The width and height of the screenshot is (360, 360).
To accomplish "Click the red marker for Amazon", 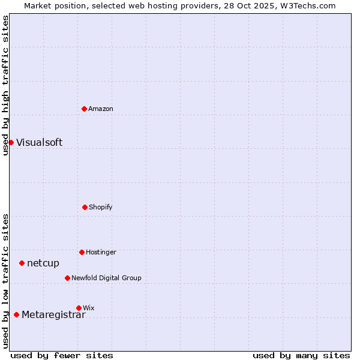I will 85,109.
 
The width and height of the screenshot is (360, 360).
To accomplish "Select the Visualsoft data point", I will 11,142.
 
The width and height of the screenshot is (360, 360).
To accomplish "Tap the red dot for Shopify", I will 85,207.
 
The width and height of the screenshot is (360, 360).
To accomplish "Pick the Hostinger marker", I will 82,252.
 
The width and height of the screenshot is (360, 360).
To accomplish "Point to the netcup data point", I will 22,263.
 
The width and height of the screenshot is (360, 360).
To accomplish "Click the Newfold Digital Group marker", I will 67,278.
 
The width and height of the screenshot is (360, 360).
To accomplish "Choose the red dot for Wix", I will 79,308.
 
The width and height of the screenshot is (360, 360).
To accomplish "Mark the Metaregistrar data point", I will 16,315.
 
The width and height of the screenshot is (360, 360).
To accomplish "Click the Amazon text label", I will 101,109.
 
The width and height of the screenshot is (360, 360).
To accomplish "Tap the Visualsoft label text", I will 39,142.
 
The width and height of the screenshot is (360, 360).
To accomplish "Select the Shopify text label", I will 101,207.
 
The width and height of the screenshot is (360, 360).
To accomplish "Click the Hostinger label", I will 101,252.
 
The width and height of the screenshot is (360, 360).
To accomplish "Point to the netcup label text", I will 43,263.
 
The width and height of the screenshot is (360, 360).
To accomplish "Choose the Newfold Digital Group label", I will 106,278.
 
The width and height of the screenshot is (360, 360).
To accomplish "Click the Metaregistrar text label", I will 53,315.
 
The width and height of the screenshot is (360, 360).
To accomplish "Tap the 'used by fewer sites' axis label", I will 62,355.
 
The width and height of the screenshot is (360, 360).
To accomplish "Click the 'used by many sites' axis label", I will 301,355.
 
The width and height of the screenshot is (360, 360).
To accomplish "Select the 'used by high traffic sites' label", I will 5,85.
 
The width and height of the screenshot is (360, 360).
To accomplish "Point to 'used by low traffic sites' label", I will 5,280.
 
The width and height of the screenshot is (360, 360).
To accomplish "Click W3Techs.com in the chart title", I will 309,5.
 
